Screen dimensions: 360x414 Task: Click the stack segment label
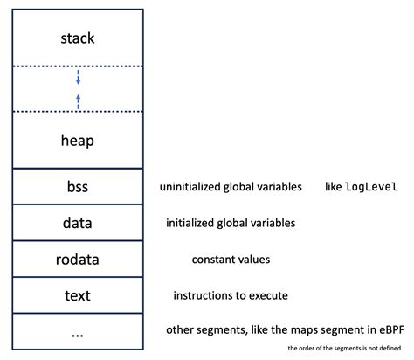pyautogui.click(x=78, y=38)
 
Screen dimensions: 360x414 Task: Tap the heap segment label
pyautogui.click(x=78, y=140)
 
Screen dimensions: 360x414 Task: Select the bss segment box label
pyautogui.click(x=78, y=187)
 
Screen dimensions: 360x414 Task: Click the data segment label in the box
pyautogui.click(x=78, y=223)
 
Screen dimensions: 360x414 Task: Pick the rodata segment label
pyautogui.click(x=78, y=260)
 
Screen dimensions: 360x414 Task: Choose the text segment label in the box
pyautogui.click(x=78, y=295)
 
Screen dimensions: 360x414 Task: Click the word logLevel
pyautogui.click(x=372, y=187)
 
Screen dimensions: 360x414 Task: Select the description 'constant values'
pyautogui.click(x=231, y=260)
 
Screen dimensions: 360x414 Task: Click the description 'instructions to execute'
pyautogui.click(x=231, y=295)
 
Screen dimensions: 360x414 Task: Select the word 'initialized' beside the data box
pyautogui.click(x=192, y=223)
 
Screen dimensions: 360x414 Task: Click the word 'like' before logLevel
pyautogui.click(x=334, y=187)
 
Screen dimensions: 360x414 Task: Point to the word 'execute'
pyautogui.click(x=267, y=295)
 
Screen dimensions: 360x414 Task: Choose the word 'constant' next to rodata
pyautogui.click(x=213, y=260)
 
